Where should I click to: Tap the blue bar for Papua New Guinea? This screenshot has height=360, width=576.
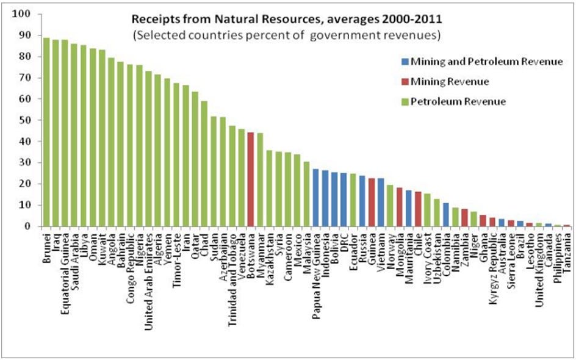click(315, 198)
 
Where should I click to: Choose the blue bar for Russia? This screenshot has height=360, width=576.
click(362, 201)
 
